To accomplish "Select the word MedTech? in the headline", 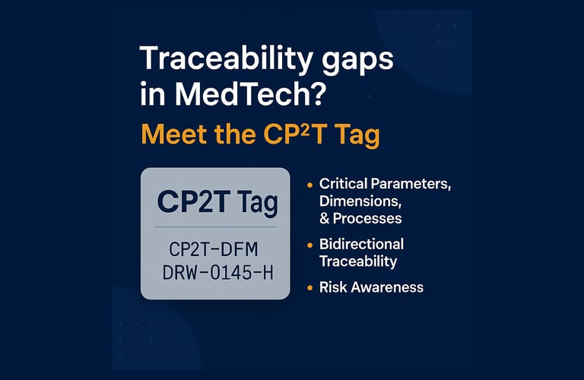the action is click(250, 93).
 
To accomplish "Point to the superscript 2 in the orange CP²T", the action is click(305, 128).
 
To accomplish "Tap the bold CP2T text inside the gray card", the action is click(192, 201).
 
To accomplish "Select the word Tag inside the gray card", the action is click(257, 204).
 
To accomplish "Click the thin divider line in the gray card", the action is click(215, 226).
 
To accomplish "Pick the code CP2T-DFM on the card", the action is click(214, 249).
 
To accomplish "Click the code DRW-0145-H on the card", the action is click(218, 273).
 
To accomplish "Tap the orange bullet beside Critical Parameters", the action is click(310, 185).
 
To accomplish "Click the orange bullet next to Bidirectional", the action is click(310, 245).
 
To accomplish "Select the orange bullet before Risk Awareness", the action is click(310, 288).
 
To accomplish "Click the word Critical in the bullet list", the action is click(344, 183).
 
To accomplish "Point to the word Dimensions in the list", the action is click(360, 201).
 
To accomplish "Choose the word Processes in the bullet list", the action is click(367, 218).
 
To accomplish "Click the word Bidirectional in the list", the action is click(361, 244).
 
